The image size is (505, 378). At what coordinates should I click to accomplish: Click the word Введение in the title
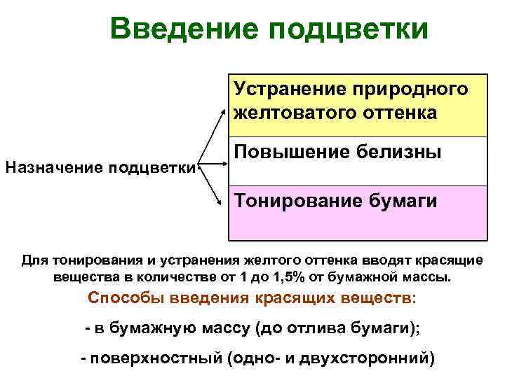(182, 29)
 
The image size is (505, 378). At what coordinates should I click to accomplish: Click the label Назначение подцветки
(100, 167)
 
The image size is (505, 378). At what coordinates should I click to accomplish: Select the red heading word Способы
(122, 297)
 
